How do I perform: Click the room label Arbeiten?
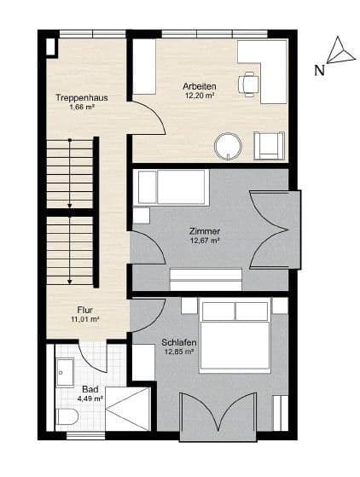(200, 86)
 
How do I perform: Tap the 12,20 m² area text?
(200, 96)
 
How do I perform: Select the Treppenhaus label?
(82, 97)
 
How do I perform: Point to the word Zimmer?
(205, 231)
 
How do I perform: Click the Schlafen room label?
(179, 342)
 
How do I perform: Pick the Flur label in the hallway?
(84, 310)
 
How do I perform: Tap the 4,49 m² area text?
(90, 398)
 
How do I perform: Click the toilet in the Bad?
(67, 416)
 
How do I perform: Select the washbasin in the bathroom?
(65, 372)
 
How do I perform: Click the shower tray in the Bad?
(128, 409)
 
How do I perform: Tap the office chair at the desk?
(249, 84)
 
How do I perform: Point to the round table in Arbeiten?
(228, 146)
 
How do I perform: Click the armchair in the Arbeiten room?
(269, 145)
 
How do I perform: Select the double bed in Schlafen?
(235, 335)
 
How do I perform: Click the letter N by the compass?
(319, 71)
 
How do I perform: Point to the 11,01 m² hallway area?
(85, 319)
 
